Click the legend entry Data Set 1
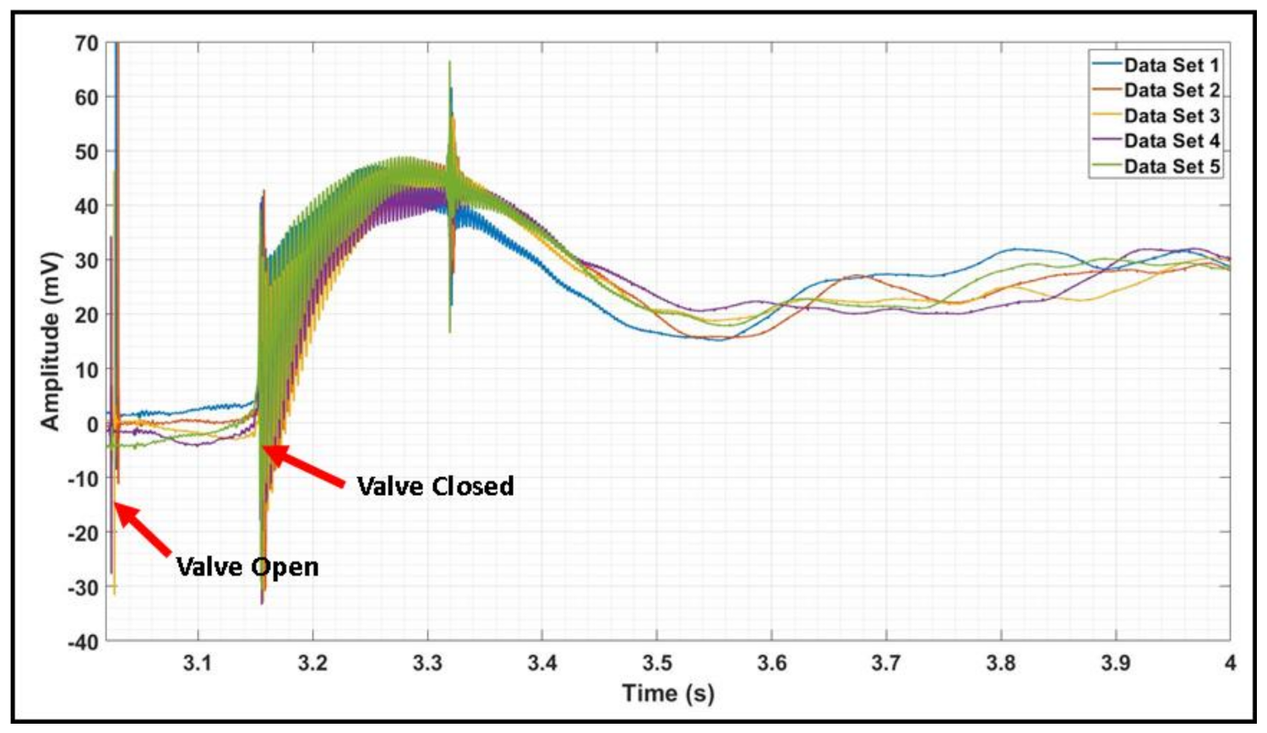pos(1171,65)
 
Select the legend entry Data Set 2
pos(1171,90)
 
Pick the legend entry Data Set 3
pos(1171,116)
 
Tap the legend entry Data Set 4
pos(1171,141)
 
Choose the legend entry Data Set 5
pos(1171,166)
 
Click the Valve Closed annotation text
pos(435,486)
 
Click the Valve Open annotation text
pos(247,566)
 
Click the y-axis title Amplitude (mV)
pos(51,340)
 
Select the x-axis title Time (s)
pos(668,693)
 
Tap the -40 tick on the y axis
pos(84,641)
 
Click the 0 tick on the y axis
pos(93,424)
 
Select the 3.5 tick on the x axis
pos(656,663)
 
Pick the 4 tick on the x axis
pos(1230,663)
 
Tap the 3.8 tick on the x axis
pos(1001,663)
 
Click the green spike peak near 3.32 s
pos(449,62)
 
